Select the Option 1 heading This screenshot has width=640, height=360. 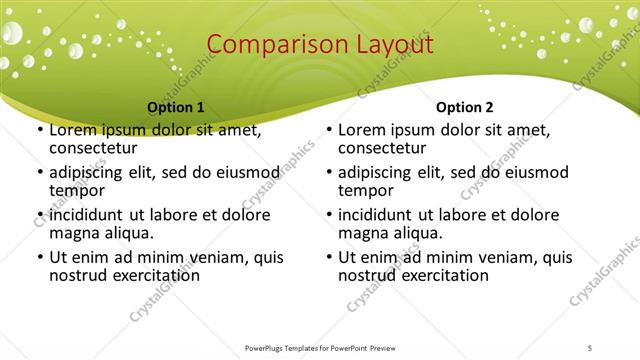click(x=176, y=107)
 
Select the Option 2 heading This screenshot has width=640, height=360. click(x=465, y=107)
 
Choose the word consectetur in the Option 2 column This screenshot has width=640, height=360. click(x=383, y=149)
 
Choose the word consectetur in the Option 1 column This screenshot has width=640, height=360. click(x=94, y=149)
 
